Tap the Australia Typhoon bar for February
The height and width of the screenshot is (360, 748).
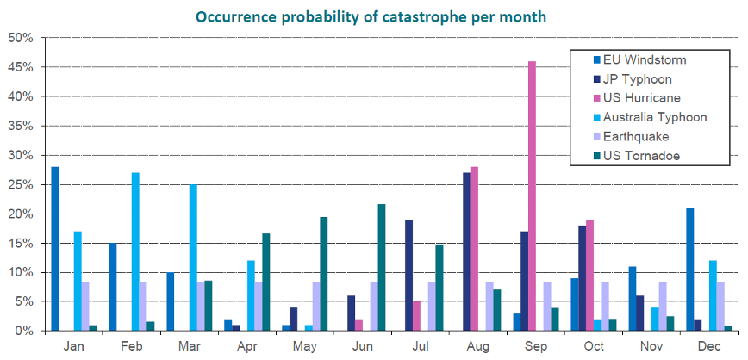click(135, 251)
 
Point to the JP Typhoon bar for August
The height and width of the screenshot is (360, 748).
click(466, 251)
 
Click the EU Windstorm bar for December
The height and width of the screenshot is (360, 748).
click(689, 269)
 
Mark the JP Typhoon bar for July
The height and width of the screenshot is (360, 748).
click(408, 275)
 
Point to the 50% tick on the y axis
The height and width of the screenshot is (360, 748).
click(21, 38)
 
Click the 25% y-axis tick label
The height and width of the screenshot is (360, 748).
click(21, 184)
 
